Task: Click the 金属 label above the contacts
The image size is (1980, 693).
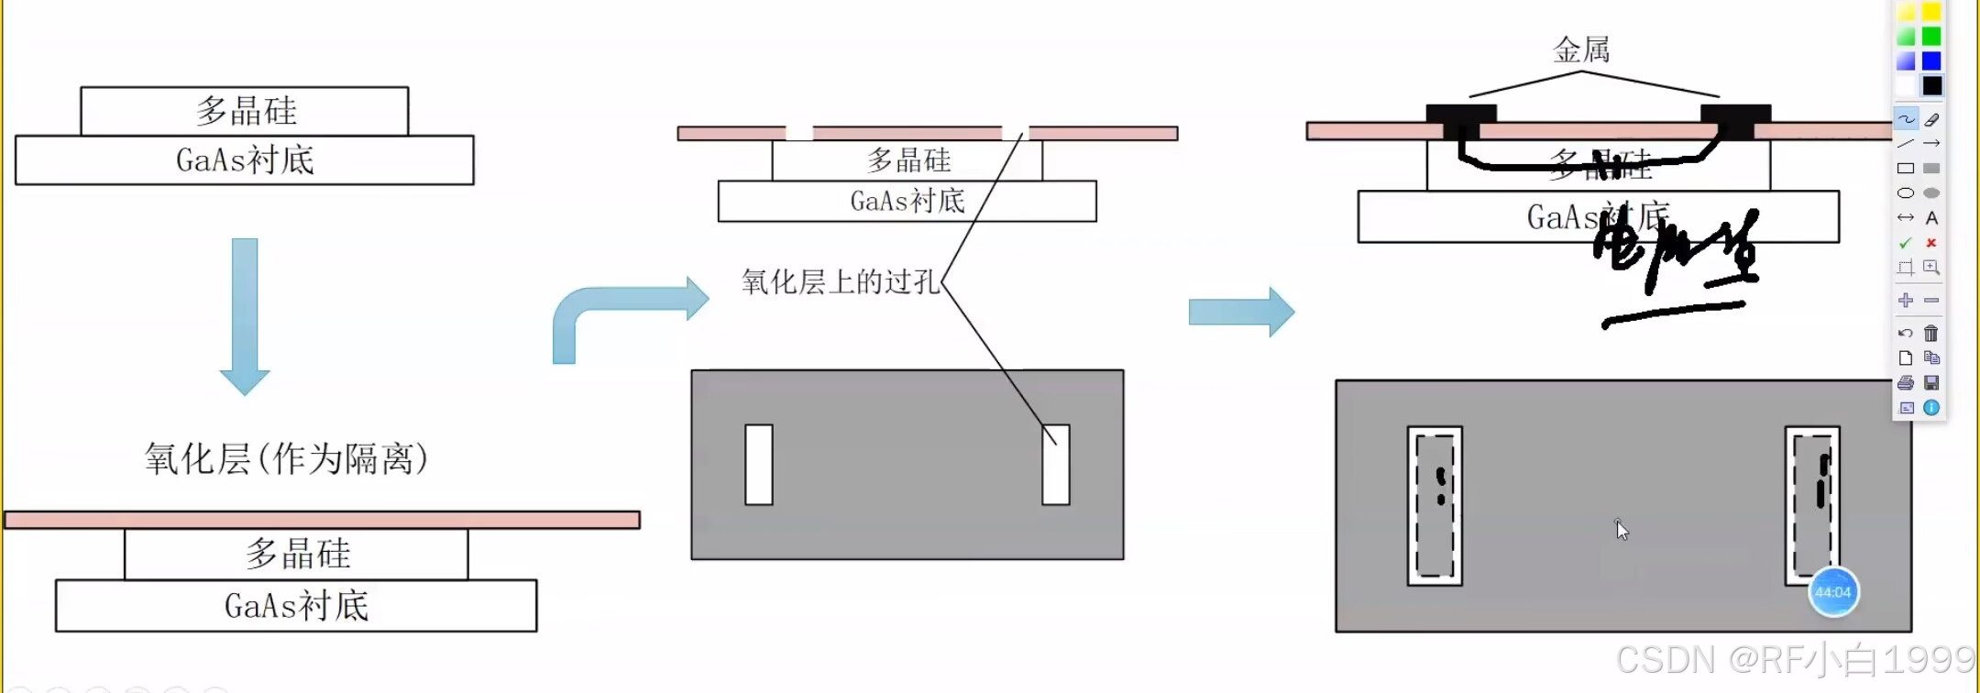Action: click(1581, 49)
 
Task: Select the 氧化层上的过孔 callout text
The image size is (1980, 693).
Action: click(841, 281)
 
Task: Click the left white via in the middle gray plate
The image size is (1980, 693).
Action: click(759, 464)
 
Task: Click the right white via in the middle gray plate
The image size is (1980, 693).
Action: click(1056, 464)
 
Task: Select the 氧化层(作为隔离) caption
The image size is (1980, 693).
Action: click(286, 458)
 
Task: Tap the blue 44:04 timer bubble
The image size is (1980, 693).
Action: click(1832, 592)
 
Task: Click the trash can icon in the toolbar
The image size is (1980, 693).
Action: click(1931, 333)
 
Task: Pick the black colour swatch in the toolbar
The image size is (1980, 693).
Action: click(1931, 86)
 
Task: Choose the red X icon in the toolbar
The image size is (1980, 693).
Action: click(1931, 243)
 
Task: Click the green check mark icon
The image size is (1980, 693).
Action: click(1906, 243)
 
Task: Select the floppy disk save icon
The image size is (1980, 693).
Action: click(1931, 382)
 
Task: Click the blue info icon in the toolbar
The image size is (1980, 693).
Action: click(1931, 408)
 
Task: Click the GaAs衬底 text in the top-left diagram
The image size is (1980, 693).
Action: click(245, 160)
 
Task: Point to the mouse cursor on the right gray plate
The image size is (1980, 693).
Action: click(1621, 529)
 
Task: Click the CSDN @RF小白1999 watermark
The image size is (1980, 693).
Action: click(1795, 660)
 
